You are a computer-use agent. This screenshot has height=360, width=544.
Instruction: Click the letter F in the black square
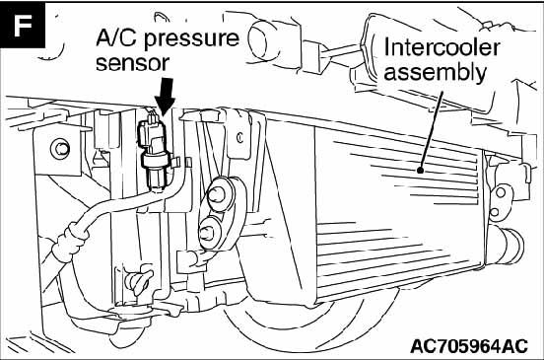(23, 26)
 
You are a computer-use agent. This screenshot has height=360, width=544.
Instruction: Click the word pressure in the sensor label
(191, 38)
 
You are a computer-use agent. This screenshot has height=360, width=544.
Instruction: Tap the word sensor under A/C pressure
(132, 63)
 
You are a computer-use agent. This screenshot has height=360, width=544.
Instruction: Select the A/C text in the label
(117, 37)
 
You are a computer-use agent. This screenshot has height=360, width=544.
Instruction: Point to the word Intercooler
(442, 48)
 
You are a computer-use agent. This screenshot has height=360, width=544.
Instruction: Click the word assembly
(435, 73)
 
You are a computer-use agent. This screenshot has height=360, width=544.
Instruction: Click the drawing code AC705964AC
(469, 346)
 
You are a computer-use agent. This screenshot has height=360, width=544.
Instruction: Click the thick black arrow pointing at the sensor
(166, 96)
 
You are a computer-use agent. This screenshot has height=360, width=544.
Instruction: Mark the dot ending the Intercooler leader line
(421, 171)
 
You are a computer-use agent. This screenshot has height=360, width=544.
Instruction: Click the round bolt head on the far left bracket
(60, 149)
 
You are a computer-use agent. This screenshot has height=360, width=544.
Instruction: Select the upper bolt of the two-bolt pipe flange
(218, 194)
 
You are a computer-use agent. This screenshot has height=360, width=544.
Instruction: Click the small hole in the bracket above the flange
(239, 138)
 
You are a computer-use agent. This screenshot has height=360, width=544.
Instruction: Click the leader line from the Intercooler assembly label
(432, 130)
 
